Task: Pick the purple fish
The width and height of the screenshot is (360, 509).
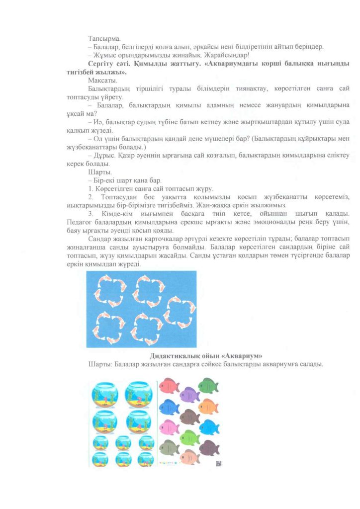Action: coord(188,395)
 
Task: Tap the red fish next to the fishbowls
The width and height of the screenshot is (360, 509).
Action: coord(169,385)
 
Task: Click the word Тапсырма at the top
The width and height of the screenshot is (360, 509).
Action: coord(102,38)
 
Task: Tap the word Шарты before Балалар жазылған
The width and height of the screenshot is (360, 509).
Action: coord(99,364)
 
